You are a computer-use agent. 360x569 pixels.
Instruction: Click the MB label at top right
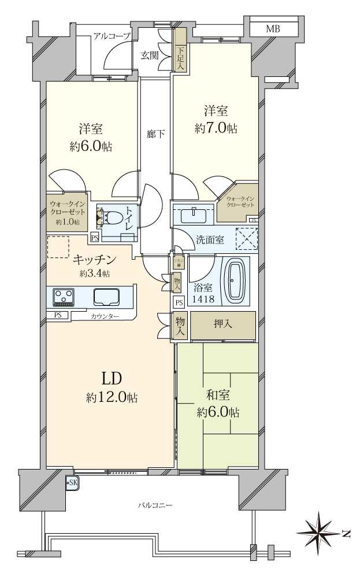coord(274,28)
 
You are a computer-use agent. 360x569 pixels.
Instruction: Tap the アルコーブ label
coord(112,36)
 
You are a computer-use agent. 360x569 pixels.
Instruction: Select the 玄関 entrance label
coord(150,56)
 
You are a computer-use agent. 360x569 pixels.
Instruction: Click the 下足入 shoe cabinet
coord(180,58)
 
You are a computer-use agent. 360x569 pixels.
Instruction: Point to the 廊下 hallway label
coord(155,134)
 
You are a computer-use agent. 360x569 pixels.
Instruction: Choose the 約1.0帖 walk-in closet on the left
coord(68,212)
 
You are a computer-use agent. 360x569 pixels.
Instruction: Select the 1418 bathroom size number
coord(205,299)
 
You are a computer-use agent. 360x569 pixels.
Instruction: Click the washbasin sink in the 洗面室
coord(193,215)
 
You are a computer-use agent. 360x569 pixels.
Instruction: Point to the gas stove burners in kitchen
coord(63,297)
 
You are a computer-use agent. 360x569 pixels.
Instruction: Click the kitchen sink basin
coord(106,297)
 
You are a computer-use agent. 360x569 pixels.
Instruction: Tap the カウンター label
coord(105,316)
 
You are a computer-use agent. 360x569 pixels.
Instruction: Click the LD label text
coord(111,379)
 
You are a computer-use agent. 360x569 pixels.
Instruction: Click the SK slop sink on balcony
coord(72,483)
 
